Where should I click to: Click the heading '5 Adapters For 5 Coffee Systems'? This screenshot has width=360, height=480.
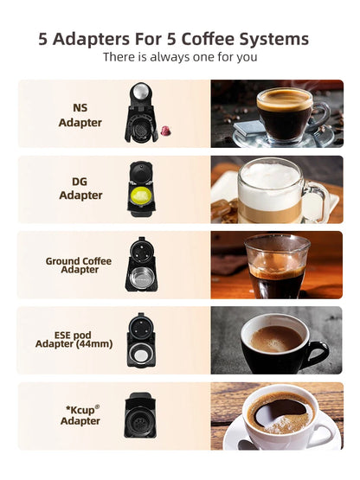173,39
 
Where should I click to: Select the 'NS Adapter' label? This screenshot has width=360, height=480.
80,116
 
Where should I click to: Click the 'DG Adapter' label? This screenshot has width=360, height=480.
80,189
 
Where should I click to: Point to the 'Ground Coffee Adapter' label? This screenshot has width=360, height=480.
79,265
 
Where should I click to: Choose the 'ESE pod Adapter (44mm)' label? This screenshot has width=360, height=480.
79,338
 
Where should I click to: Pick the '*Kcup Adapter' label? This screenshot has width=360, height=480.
80,415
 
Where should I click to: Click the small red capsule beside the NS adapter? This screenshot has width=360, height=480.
162,130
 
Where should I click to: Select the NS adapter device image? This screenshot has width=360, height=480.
138,112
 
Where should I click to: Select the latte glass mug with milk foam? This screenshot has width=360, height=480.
273,190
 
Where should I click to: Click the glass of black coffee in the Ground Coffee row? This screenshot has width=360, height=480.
276,266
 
